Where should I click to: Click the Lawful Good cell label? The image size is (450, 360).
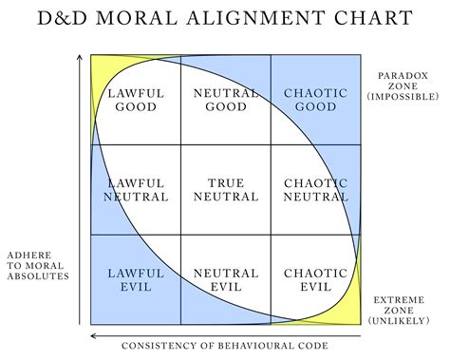pyautogui.click(x=136, y=100)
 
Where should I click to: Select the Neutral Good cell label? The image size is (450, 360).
pyautogui.click(x=225, y=100)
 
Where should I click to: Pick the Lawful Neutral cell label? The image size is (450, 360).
pyautogui.click(x=136, y=189)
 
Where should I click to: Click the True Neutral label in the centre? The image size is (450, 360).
pyautogui.click(x=225, y=189)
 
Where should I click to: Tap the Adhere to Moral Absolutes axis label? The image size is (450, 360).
pyautogui.click(x=39, y=266)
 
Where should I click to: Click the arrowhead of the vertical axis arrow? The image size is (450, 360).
pyautogui.click(x=78, y=59)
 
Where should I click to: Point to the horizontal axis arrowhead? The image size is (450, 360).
pyautogui.click(x=92, y=335)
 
